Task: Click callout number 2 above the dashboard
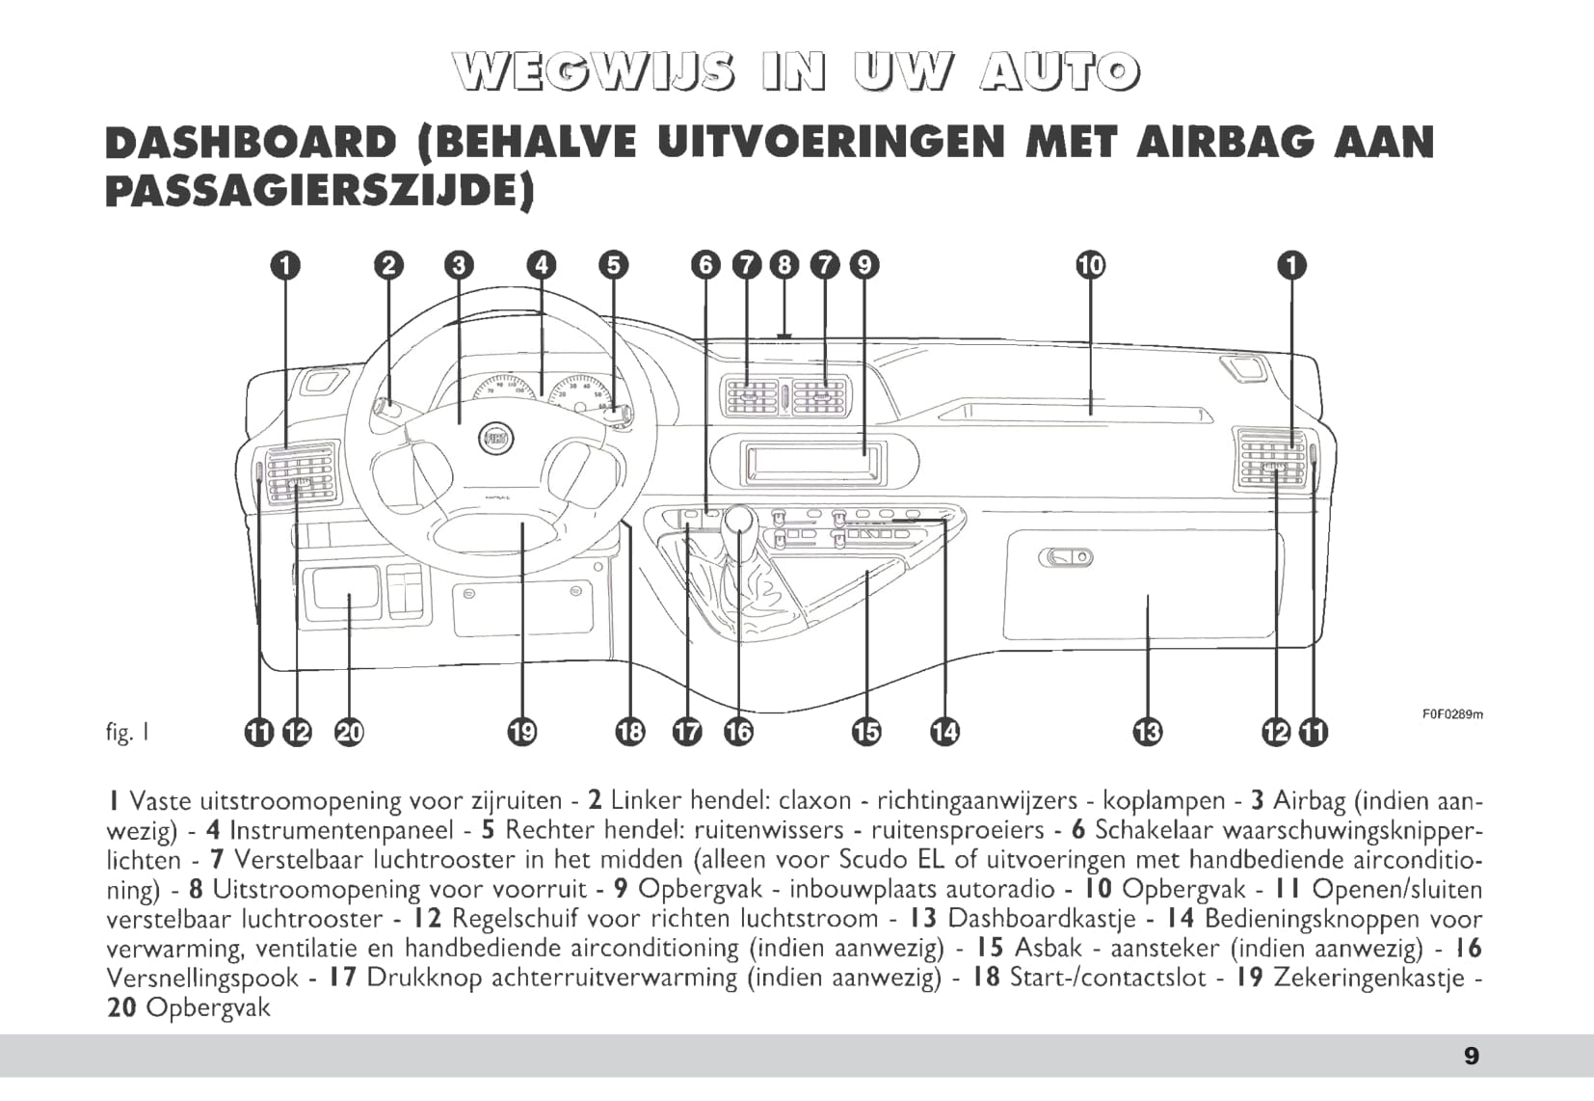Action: [x=388, y=265]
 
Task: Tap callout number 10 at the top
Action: [x=1090, y=265]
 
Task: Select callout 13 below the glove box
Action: [x=1147, y=733]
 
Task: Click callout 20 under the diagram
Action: [x=349, y=733]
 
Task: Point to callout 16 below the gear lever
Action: [x=738, y=733]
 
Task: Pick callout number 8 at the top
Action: [x=784, y=265]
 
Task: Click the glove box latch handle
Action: [x=1066, y=557]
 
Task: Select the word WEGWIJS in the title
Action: [x=589, y=73]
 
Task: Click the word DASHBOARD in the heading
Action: [x=251, y=143]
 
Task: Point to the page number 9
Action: [x=1471, y=1056]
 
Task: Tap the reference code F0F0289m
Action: [x=1452, y=714]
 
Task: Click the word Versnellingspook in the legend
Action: [x=202, y=978]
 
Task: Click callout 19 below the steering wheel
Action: [x=521, y=733]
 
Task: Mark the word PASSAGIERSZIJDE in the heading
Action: [x=319, y=191]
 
